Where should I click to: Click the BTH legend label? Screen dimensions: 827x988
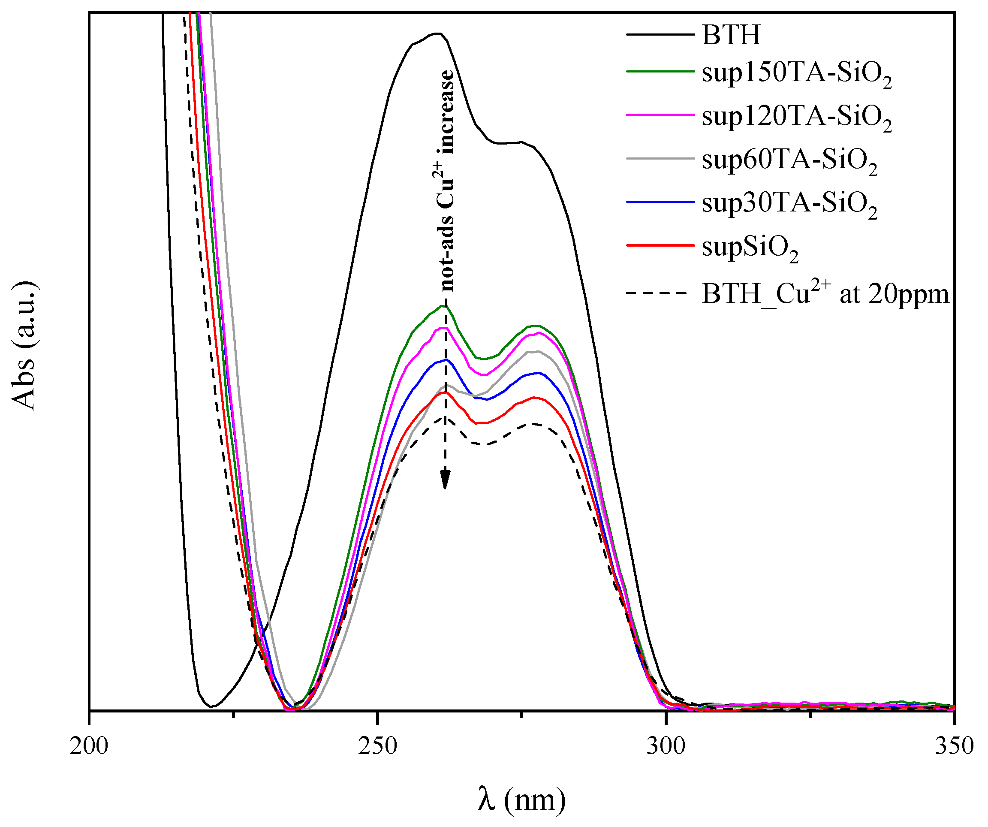pyautogui.click(x=731, y=35)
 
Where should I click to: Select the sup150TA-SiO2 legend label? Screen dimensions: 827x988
pyautogui.click(x=796, y=74)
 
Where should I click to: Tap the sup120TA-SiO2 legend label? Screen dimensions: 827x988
pyautogui.click(x=796, y=118)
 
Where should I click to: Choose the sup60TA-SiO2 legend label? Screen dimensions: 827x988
pyautogui.click(x=789, y=161)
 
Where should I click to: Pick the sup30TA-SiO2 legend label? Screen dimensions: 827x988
pyautogui.click(x=789, y=205)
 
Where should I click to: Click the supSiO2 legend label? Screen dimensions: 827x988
pyautogui.click(x=750, y=248)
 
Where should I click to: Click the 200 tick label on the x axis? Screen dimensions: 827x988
pyautogui.click(x=89, y=746)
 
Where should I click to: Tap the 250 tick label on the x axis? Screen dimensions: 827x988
pyautogui.click(x=377, y=746)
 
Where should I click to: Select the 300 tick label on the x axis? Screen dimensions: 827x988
pyautogui.click(x=665, y=746)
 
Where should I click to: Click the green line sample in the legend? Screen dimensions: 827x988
pyautogui.click(x=660, y=72)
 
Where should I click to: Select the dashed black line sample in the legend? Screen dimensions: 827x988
pyautogui.click(x=660, y=293)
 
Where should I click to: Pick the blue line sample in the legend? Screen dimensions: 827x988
pyautogui.click(x=660, y=202)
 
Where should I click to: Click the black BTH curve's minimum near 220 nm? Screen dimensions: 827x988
pyautogui.click(x=212, y=706)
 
